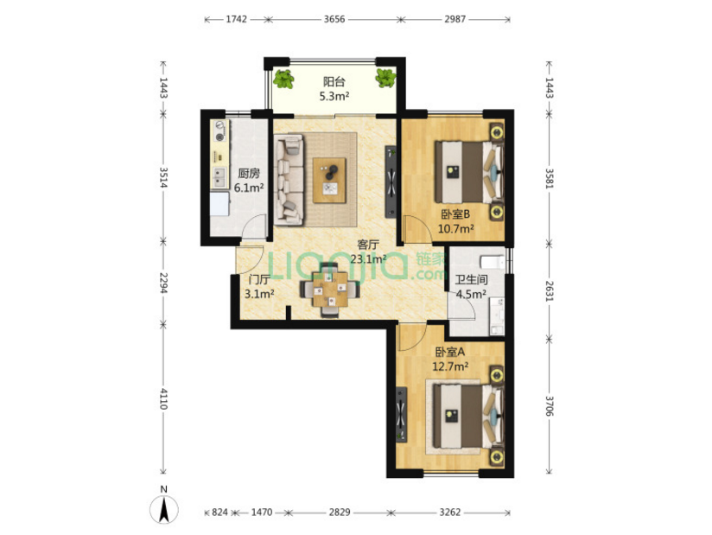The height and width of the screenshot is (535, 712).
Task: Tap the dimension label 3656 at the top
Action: (x=334, y=19)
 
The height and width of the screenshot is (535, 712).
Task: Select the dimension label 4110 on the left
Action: (x=163, y=398)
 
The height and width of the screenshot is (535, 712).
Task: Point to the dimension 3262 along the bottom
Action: (x=450, y=513)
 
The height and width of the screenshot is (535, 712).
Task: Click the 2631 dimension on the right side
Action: (x=549, y=291)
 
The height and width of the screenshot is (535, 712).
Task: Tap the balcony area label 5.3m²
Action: (x=334, y=96)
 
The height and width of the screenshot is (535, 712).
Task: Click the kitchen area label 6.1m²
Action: (x=249, y=188)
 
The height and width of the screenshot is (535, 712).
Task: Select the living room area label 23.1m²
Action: (x=369, y=259)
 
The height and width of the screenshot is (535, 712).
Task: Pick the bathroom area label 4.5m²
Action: (x=471, y=295)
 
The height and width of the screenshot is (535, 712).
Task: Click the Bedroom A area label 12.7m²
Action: (x=450, y=366)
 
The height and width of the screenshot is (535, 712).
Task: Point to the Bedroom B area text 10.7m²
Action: (x=456, y=228)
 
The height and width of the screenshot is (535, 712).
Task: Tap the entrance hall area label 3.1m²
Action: (x=259, y=294)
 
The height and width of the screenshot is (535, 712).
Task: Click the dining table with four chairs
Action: (x=330, y=290)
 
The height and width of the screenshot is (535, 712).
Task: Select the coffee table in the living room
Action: (x=330, y=181)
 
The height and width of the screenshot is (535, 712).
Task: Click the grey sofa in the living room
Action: (x=289, y=180)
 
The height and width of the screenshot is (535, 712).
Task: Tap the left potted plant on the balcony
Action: (x=283, y=79)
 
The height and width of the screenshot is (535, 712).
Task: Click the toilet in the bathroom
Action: (x=493, y=262)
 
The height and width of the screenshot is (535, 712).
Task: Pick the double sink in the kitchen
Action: (x=220, y=178)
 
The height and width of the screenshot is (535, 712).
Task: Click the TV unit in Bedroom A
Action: (x=402, y=414)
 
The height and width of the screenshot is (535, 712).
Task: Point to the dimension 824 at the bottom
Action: (x=219, y=513)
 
